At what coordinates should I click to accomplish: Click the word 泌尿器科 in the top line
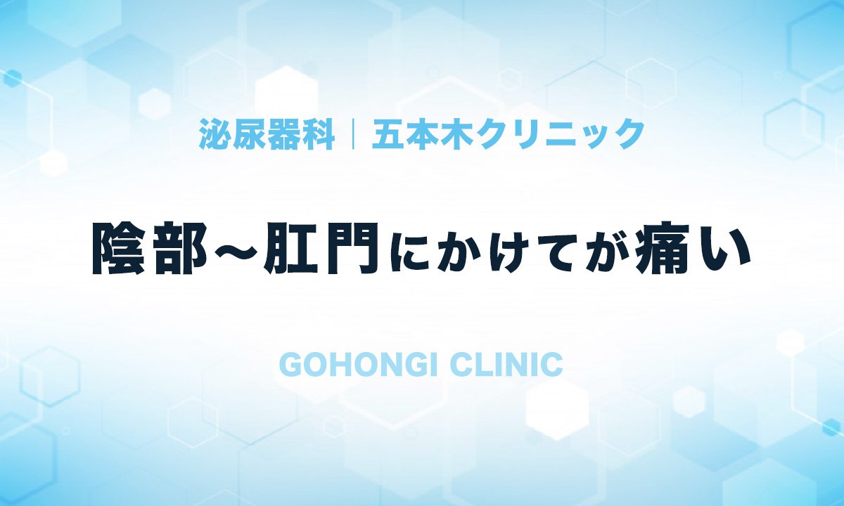click(267, 134)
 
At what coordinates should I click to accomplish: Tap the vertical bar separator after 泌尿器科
click(353, 134)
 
